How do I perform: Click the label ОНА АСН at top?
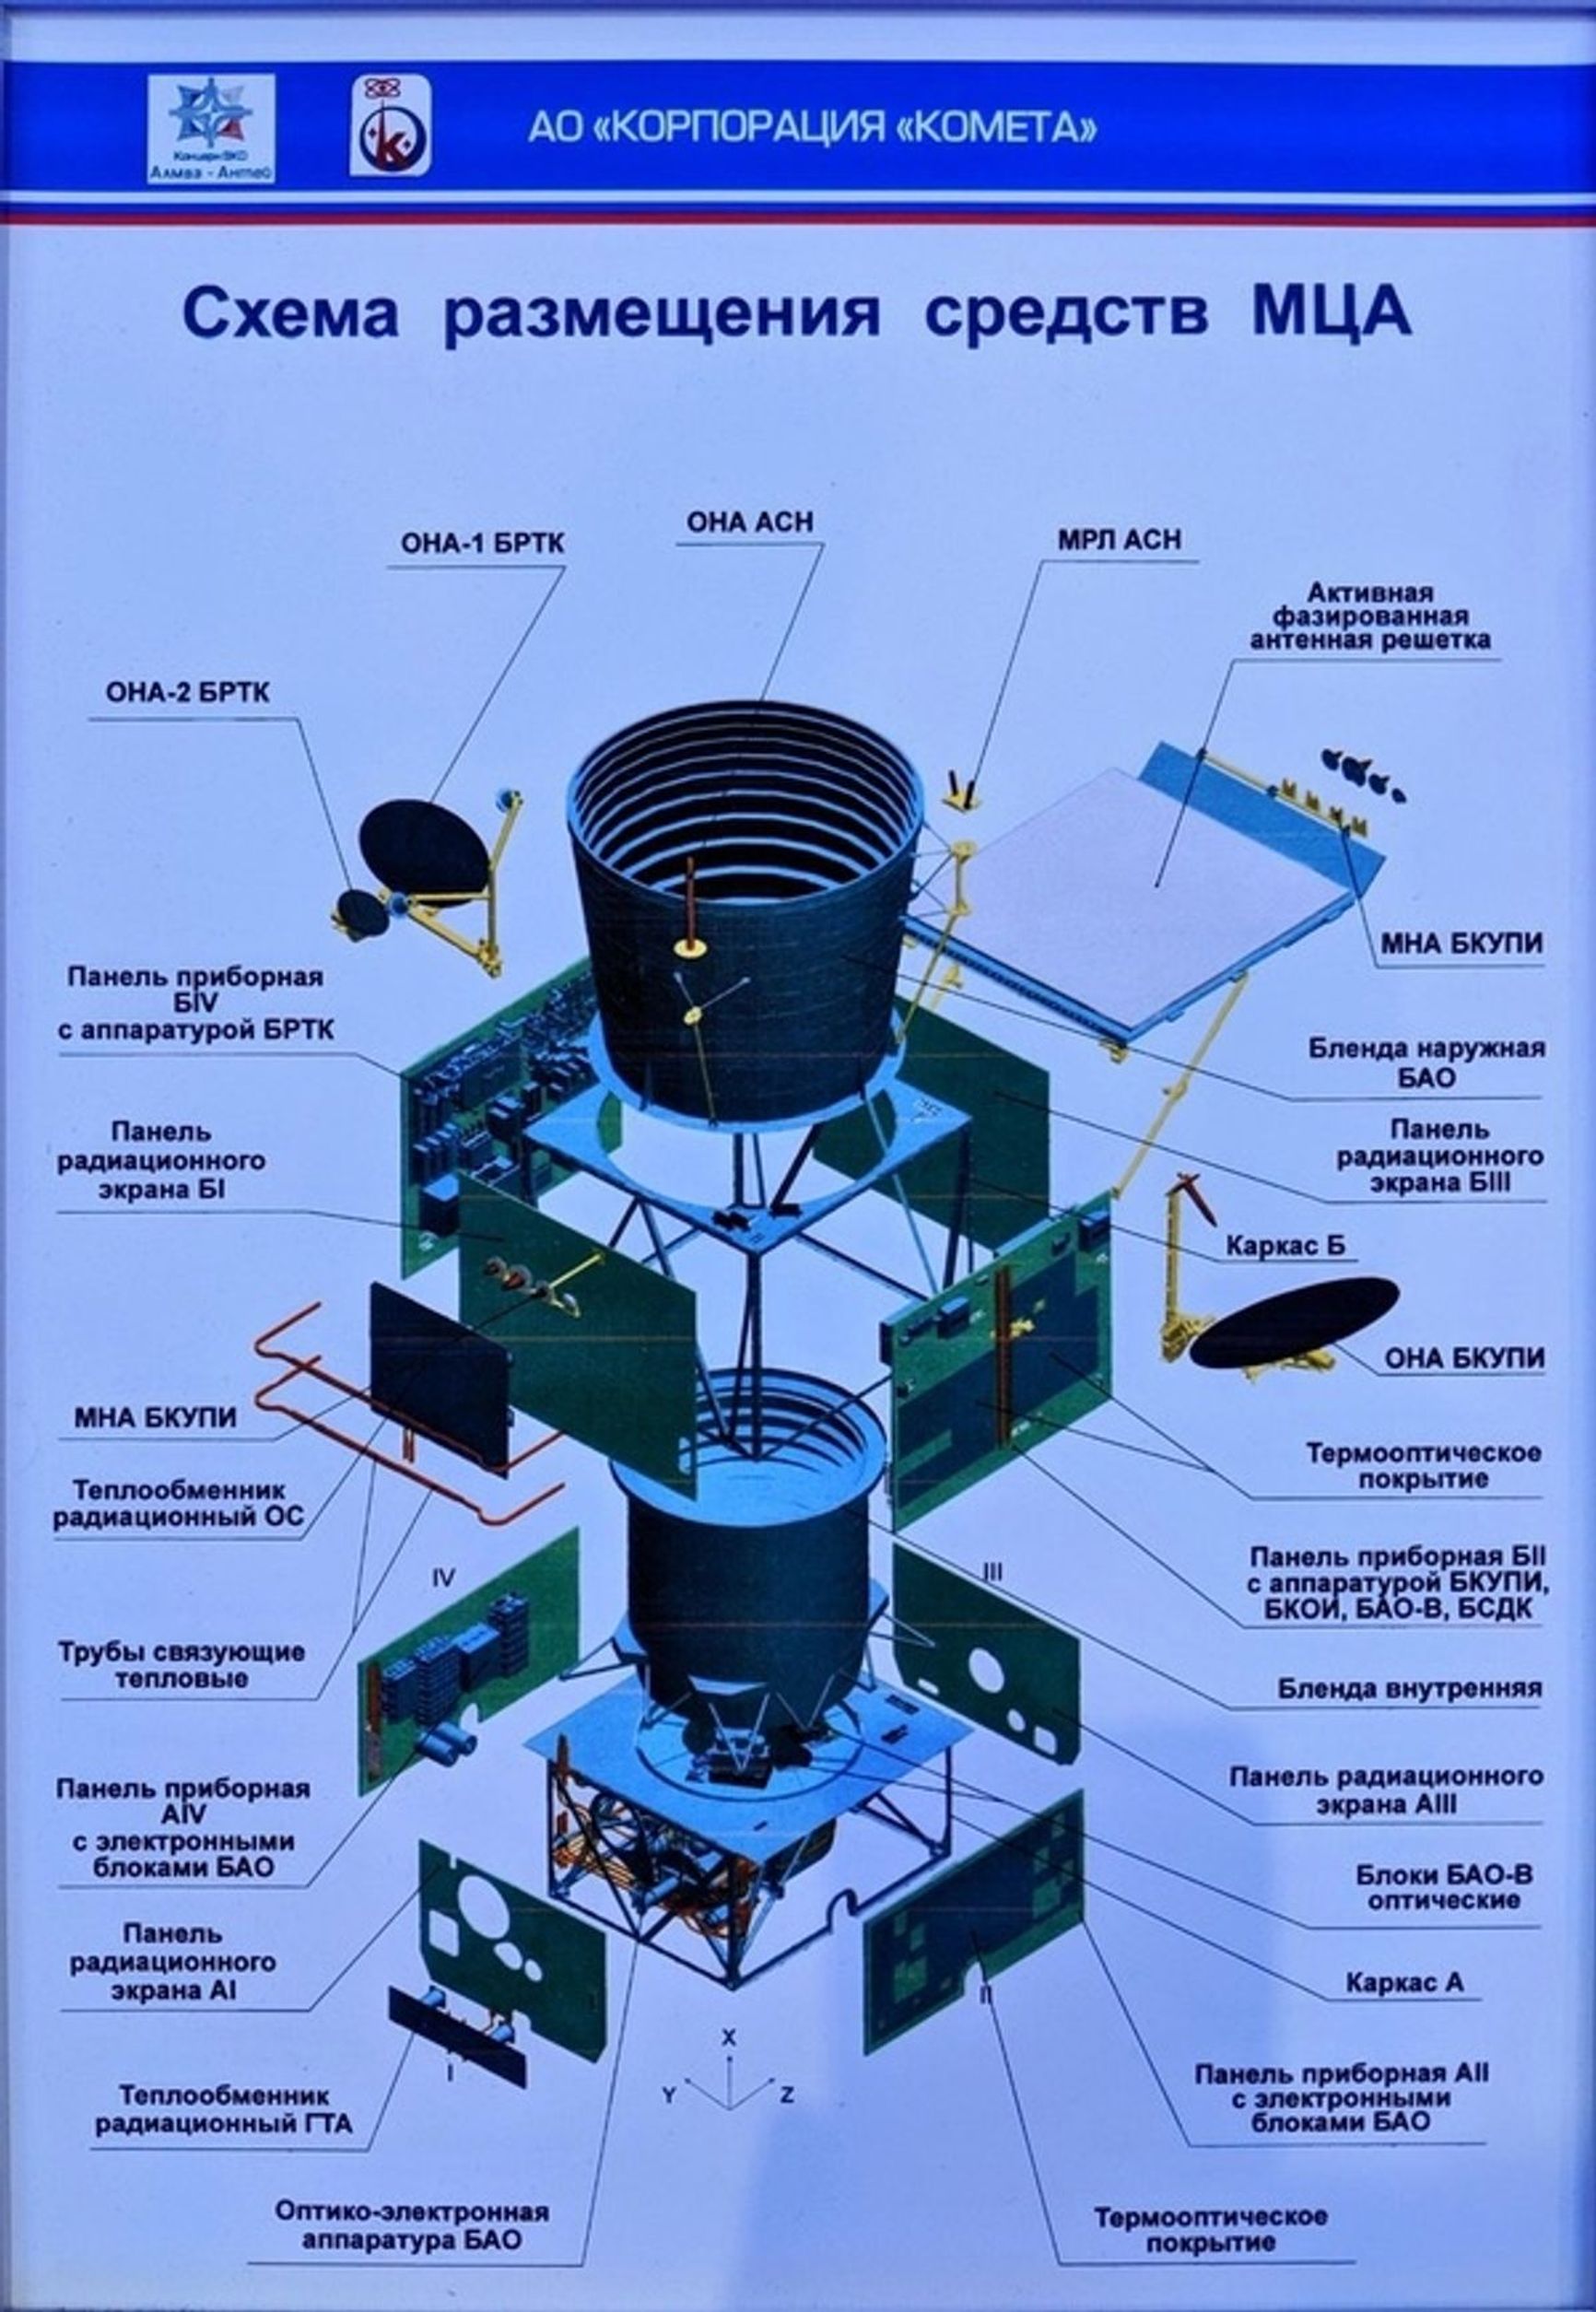(749, 522)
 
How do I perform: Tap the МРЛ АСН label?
(1118, 539)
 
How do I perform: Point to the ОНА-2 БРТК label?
(188, 693)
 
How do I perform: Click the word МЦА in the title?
(1330, 314)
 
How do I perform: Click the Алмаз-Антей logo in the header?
(211, 128)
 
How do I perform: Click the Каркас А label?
(1404, 1981)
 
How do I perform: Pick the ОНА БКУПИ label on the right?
(1463, 1358)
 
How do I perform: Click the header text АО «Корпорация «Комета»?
(811, 128)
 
